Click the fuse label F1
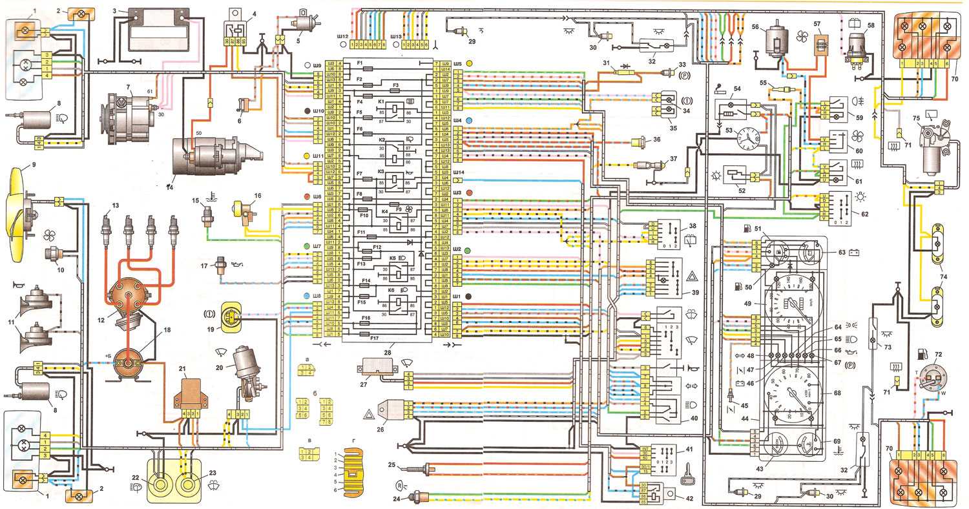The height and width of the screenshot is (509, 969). pos(360,62)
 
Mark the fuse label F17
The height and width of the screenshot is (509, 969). pos(373,337)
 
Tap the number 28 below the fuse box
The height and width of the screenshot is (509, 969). pos(387,352)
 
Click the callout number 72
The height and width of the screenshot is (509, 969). pos(939,355)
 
